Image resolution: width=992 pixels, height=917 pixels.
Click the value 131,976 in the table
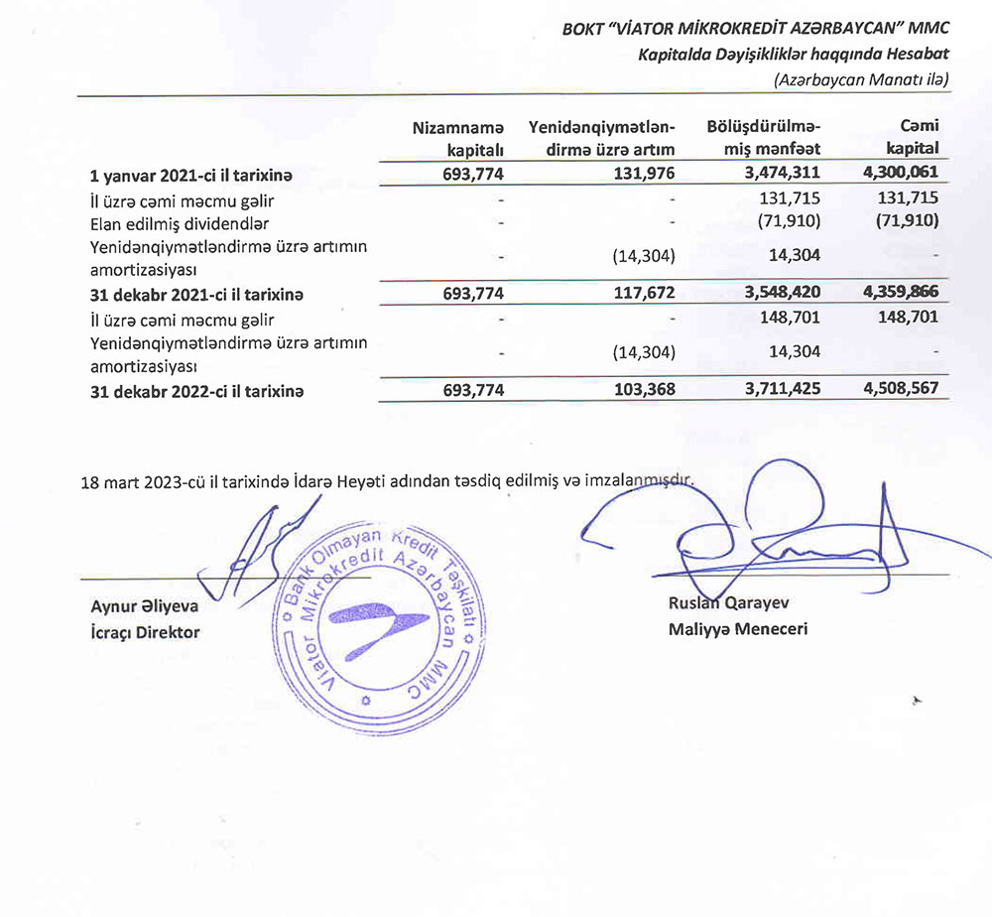tap(640, 175)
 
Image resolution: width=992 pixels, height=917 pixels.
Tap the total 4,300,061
tap(894, 175)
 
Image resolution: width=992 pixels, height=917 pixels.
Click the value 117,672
tap(640, 294)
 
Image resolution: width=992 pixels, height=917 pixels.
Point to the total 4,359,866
tap(894, 294)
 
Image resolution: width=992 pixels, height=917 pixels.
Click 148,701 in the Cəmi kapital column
tap(906, 319)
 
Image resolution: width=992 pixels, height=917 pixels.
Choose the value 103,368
tap(640, 390)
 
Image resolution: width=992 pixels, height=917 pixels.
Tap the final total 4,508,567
tap(894, 390)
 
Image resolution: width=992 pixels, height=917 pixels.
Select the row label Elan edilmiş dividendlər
tap(179, 223)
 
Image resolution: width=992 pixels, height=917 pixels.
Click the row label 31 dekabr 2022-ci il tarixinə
tap(196, 391)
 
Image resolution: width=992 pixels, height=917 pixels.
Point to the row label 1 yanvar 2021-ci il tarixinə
tap(192, 176)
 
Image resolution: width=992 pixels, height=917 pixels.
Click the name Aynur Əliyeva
tap(144, 606)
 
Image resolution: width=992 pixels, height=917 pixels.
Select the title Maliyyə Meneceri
tap(738, 628)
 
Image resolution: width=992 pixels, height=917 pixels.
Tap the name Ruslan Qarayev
tap(729, 603)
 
